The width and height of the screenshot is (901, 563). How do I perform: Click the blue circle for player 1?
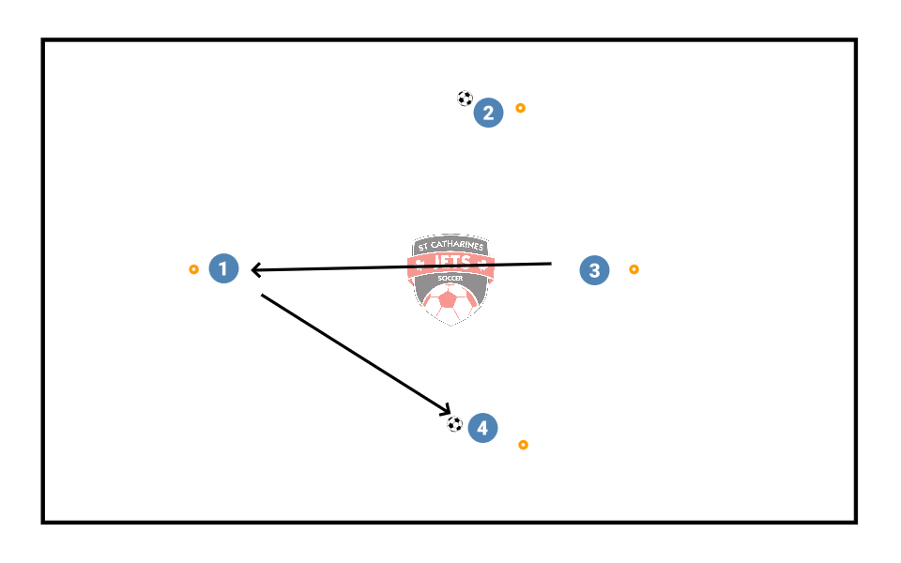tap(223, 269)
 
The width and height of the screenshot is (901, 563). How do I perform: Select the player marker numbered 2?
tap(488, 113)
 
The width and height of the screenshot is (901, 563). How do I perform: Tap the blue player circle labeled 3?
tap(594, 270)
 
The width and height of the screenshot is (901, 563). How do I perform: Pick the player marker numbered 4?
tap(482, 428)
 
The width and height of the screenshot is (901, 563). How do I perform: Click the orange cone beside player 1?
tap(193, 269)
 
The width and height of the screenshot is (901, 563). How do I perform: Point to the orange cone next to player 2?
tap(520, 108)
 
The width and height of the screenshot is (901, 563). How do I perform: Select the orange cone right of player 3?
tap(634, 269)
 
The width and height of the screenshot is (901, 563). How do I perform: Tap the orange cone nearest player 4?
tap(523, 445)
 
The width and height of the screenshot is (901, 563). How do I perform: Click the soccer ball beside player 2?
tap(465, 98)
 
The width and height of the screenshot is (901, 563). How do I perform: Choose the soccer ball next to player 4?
tap(455, 424)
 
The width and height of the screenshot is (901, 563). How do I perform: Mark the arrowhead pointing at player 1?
tap(254, 270)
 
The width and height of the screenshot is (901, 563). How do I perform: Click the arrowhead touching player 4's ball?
tap(448, 410)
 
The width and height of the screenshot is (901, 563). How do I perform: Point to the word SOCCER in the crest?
tap(451, 279)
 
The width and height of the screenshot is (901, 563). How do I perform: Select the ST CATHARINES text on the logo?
tap(450, 246)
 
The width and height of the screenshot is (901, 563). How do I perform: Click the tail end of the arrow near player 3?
tap(550, 264)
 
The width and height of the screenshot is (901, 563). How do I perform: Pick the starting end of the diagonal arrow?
tap(263, 296)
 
